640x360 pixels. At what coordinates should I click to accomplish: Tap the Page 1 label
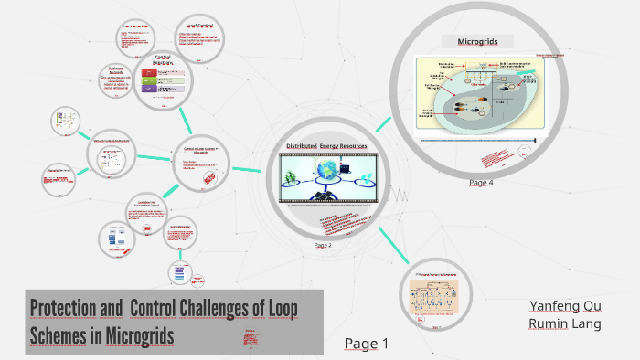pos(367,344)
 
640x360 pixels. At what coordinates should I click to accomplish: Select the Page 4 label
pos(481,183)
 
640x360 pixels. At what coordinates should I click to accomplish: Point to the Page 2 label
pos(322,245)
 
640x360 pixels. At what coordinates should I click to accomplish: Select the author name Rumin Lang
pos(565,323)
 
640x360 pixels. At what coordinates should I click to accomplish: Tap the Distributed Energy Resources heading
pos(325,146)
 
